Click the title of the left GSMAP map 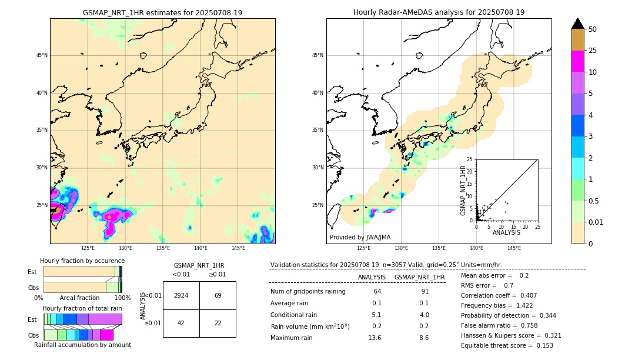point(162,12)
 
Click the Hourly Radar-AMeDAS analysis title point(439,12)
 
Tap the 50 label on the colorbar point(593,29)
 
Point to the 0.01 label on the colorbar point(596,222)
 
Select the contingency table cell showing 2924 point(181,295)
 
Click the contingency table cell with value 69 point(218,295)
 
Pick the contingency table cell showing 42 point(181,323)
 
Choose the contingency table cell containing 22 point(218,323)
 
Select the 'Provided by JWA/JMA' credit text point(360,237)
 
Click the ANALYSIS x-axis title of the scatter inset point(506,232)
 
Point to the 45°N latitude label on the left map point(42,55)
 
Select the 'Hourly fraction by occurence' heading point(82,261)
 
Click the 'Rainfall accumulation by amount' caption point(82,345)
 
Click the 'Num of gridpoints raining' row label point(308,291)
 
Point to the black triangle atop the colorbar point(578,24)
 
